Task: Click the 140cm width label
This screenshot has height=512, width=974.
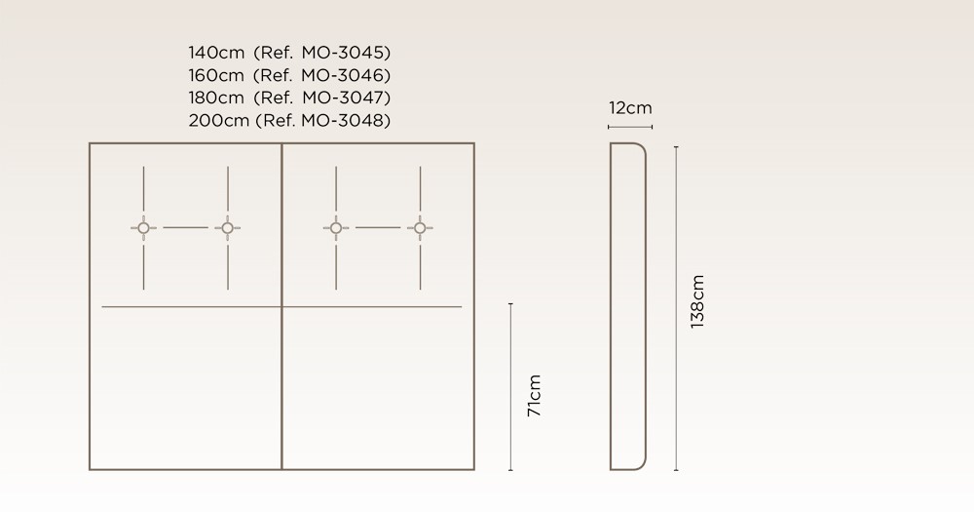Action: click(x=216, y=53)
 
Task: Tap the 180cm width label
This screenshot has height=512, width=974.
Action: click(x=216, y=98)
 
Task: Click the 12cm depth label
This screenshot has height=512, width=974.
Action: click(x=630, y=108)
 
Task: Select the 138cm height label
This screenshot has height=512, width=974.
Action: click(x=697, y=301)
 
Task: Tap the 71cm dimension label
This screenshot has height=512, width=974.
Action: click(x=534, y=396)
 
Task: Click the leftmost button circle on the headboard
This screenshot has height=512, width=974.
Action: click(x=143, y=228)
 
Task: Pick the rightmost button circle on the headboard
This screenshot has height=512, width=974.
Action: click(x=420, y=228)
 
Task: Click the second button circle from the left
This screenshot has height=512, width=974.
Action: click(x=227, y=228)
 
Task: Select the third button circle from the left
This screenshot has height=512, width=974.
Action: click(x=336, y=228)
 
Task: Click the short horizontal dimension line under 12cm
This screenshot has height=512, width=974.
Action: click(x=630, y=127)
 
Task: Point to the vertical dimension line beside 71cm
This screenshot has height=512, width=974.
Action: click(x=510, y=387)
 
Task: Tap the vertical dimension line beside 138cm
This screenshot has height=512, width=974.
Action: click(x=676, y=308)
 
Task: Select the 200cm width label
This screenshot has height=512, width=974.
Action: click(x=218, y=120)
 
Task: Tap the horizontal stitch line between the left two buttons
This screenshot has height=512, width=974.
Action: click(x=186, y=227)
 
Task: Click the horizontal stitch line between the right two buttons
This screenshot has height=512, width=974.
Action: click(x=378, y=227)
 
